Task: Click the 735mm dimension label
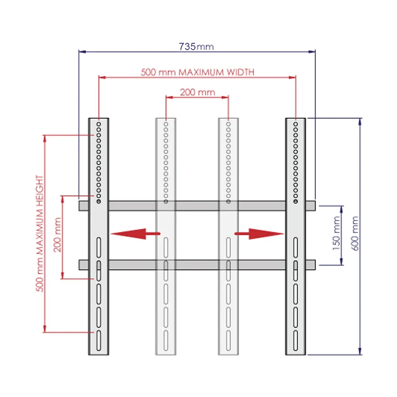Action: [197, 46]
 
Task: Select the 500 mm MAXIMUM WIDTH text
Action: [197, 72]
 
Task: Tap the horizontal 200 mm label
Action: [197, 93]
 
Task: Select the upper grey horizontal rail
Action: [197, 206]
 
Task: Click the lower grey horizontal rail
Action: [197, 265]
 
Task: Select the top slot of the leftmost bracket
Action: [98, 247]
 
